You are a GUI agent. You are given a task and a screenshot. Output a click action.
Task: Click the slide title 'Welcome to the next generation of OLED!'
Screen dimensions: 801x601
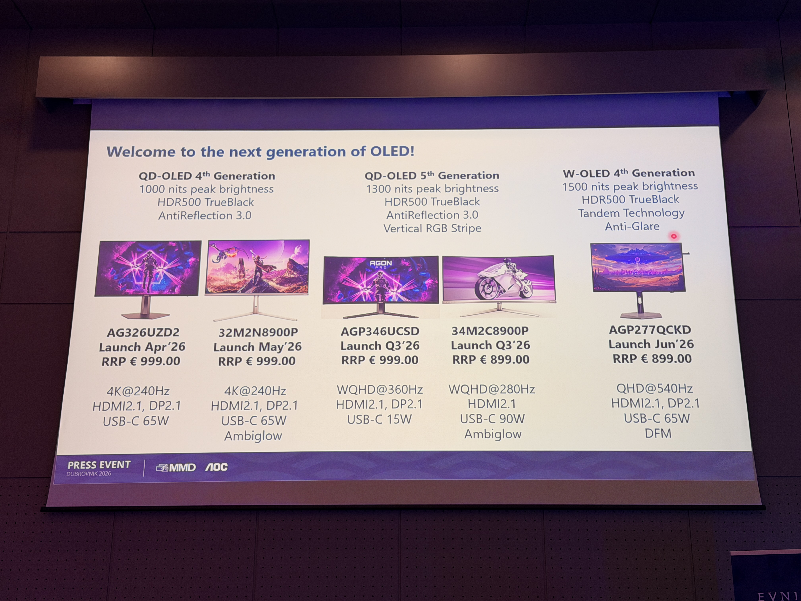coord(260,151)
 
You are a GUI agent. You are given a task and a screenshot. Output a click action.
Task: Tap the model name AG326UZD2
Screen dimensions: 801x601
coord(143,332)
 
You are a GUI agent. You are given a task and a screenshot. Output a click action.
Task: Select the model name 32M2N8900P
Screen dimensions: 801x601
coord(258,332)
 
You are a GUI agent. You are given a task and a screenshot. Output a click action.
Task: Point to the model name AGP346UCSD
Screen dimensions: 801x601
coord(380,331)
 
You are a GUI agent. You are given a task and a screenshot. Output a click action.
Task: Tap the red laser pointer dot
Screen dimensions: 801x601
coord(673,236)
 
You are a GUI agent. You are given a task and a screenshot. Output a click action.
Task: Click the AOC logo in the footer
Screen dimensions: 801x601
coord(217,467)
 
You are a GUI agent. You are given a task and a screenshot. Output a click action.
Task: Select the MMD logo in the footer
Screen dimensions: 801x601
coord(176,467)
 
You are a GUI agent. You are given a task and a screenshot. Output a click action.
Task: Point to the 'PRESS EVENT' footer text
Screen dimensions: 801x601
coord(99,465)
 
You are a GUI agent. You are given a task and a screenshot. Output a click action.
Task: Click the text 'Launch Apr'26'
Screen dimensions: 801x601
coord(142,347)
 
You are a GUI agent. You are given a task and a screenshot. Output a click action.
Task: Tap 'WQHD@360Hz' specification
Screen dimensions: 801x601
coord(380,389)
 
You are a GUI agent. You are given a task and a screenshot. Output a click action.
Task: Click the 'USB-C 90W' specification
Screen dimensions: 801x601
coord(492,419)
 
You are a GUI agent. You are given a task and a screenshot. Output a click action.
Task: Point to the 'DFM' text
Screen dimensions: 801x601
coord(658,433)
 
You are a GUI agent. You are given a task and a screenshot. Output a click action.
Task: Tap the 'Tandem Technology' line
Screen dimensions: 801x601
coord(631,213)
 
